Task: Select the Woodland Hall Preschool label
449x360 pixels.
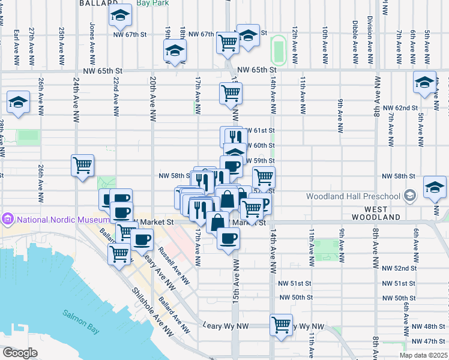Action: point(353,196)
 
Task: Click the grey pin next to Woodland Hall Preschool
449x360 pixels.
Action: point(410,196)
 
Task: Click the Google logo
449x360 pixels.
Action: point(20,353)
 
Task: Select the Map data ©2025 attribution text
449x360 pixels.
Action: point(424,355)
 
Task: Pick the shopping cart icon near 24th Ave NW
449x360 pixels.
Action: point(82,166)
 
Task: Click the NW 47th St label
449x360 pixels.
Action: point(427,341)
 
